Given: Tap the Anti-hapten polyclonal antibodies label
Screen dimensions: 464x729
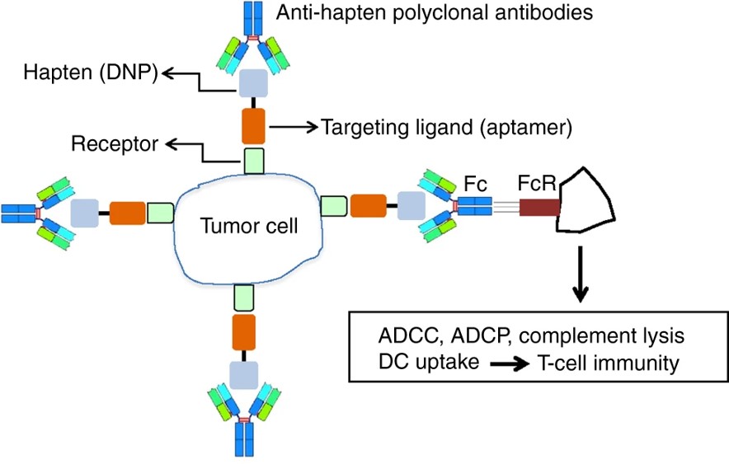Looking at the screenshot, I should point(435,13).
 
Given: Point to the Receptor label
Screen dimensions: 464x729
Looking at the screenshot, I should point(115,145).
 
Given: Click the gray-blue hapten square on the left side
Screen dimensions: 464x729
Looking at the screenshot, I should point(84,213).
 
